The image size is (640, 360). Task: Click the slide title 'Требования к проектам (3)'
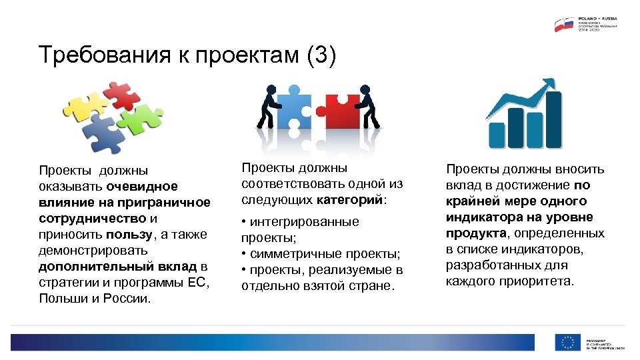click(x=187, y=55)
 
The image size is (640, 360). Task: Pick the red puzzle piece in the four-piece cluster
click(x=119, y=95)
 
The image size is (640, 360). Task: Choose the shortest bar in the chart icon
click(x=497, y=135)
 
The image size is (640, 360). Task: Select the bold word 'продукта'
click(x=475, y=233)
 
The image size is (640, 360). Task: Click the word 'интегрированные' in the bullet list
click(x=304, y=222)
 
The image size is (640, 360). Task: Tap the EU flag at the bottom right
click(x=568, y=343)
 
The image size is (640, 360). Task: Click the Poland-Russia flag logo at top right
click(x=564, y=25)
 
